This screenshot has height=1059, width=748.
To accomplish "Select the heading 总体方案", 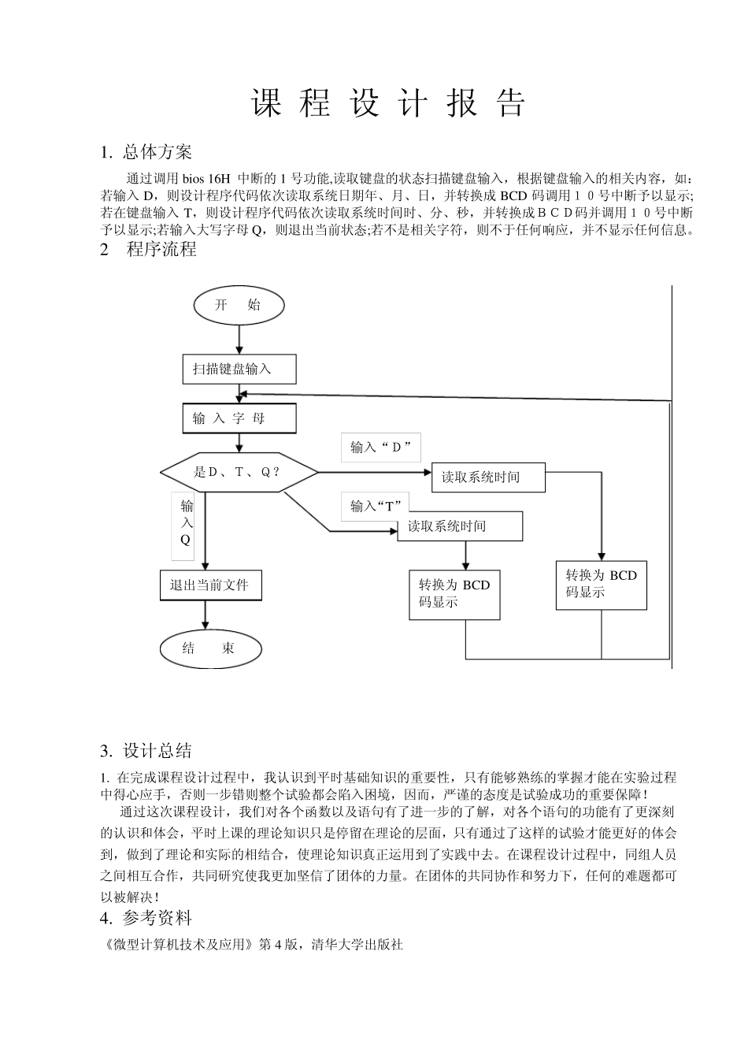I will [157, 151].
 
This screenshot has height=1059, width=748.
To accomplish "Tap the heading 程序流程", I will [161, 250].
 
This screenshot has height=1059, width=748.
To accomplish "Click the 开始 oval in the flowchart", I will [238, 306].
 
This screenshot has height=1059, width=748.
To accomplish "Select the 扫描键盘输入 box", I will [239, 369].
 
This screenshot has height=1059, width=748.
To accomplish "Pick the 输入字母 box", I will [239, 418].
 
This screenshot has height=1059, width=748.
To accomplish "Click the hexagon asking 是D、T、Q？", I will [239, 472].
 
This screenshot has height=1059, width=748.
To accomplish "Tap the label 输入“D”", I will [381, 447].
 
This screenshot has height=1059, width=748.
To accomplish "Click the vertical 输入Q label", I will [186, 522].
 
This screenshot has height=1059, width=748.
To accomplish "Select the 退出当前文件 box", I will [210, 585].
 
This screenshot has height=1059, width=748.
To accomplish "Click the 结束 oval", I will [209, 648].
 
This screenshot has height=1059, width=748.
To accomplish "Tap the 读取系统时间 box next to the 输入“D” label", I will [488, 477].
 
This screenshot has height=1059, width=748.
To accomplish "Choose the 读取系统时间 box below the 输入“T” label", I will [459, 526].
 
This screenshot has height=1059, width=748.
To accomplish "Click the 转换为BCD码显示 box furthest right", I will [601, 585].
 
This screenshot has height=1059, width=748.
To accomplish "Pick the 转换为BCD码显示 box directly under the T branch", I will [454, 594].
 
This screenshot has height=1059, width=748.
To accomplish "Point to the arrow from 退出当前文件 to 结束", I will [206, 615].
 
